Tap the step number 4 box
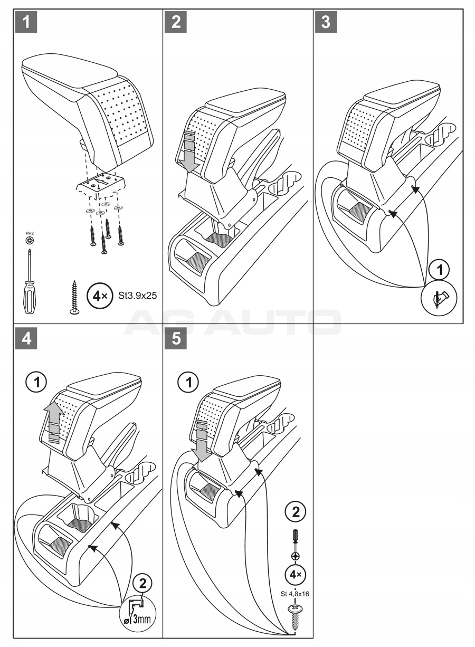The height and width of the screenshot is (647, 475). click(27, 339)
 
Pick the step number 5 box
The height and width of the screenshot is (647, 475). click(176, 339)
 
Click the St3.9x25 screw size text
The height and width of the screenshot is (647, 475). click(138, 296)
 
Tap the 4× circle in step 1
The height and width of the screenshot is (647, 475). click(99, 296)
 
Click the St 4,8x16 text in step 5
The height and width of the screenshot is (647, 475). click(295, 593)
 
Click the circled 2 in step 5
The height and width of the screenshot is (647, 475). click(295, 511)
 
